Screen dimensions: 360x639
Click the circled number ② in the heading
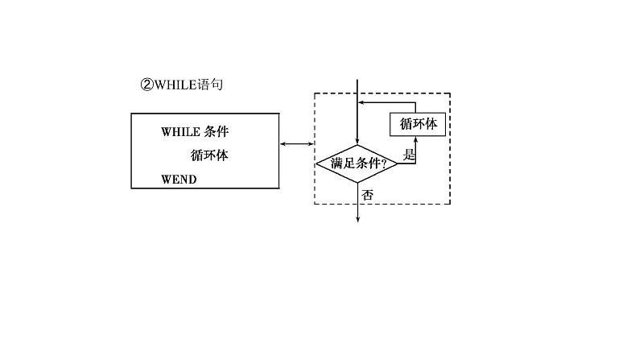tap(146, 84)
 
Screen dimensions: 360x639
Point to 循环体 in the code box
tap(209, 155)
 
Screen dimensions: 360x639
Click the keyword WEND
tap(179, 179)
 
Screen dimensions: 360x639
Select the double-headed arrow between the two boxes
tap(296, 144)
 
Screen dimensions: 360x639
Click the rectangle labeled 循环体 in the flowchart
tap(418, 125)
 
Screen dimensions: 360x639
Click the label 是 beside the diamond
tap(408, 156)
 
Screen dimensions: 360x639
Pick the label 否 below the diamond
tap(367, 194)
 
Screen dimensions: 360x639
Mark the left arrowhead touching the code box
tap(283, 144)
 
